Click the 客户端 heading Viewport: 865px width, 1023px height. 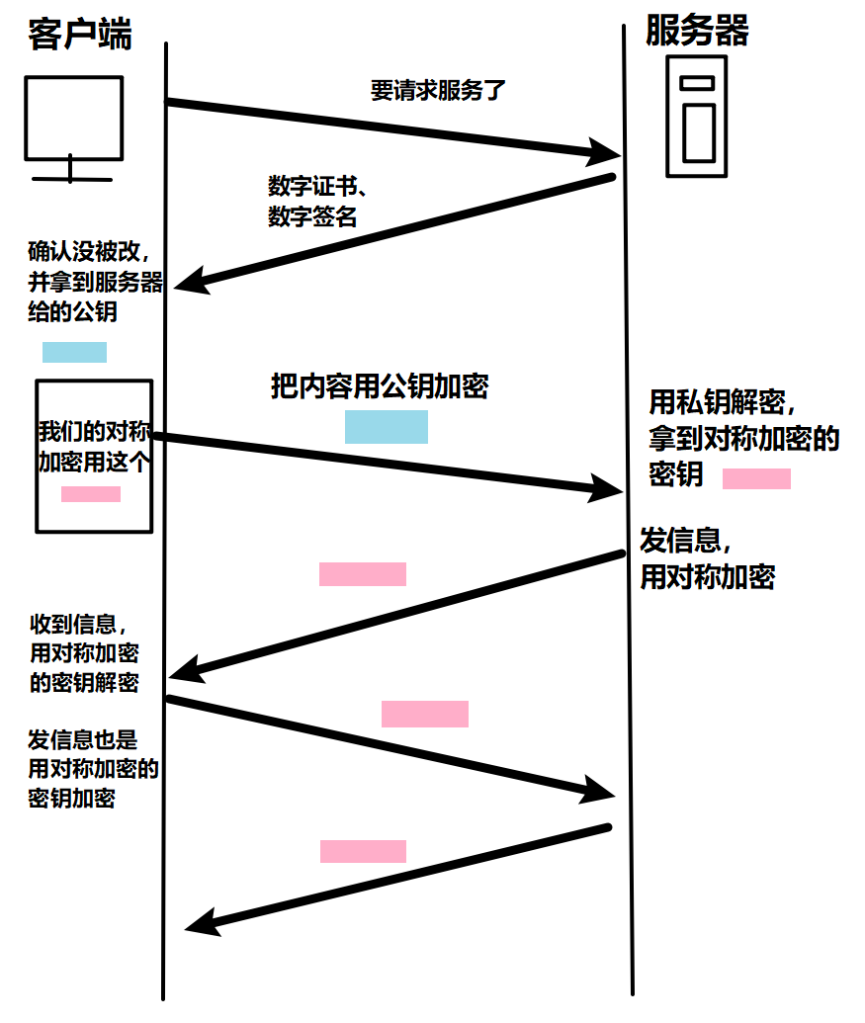click(x=80, y=36)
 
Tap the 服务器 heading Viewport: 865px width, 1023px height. click(x=697, y=31)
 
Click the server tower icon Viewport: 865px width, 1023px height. click(x=697, y=116)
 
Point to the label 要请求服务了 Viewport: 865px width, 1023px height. click(x=438, y=92)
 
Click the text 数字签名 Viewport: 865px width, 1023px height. click(x=311, y=216)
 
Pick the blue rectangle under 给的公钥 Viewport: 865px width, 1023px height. click(x=74, y=353)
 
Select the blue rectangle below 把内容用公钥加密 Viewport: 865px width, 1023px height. click(x=387, y=426)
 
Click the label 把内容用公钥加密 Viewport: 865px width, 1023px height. click(x=380, y=386)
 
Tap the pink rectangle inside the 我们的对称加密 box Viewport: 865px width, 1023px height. click(x=91, y=494)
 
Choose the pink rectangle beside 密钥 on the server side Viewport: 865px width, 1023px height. click(x=756, y=479)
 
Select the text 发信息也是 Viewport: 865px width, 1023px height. click(x=83, y=739)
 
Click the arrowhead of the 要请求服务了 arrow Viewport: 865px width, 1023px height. click(x=604, y=153)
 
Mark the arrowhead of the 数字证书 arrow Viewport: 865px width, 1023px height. click(x=190, y=282)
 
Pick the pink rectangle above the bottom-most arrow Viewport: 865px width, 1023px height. click(x=363, y=851)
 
